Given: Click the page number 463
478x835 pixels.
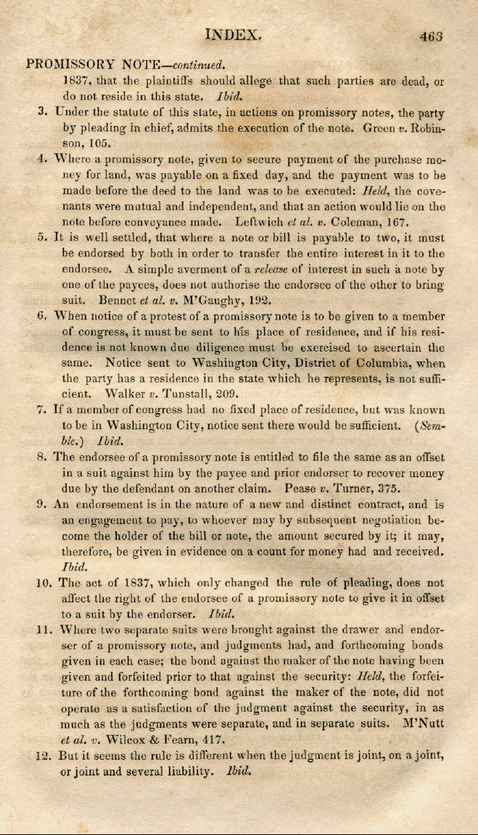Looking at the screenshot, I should coord(429,35).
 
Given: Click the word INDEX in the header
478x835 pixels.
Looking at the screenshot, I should coord(232,33).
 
